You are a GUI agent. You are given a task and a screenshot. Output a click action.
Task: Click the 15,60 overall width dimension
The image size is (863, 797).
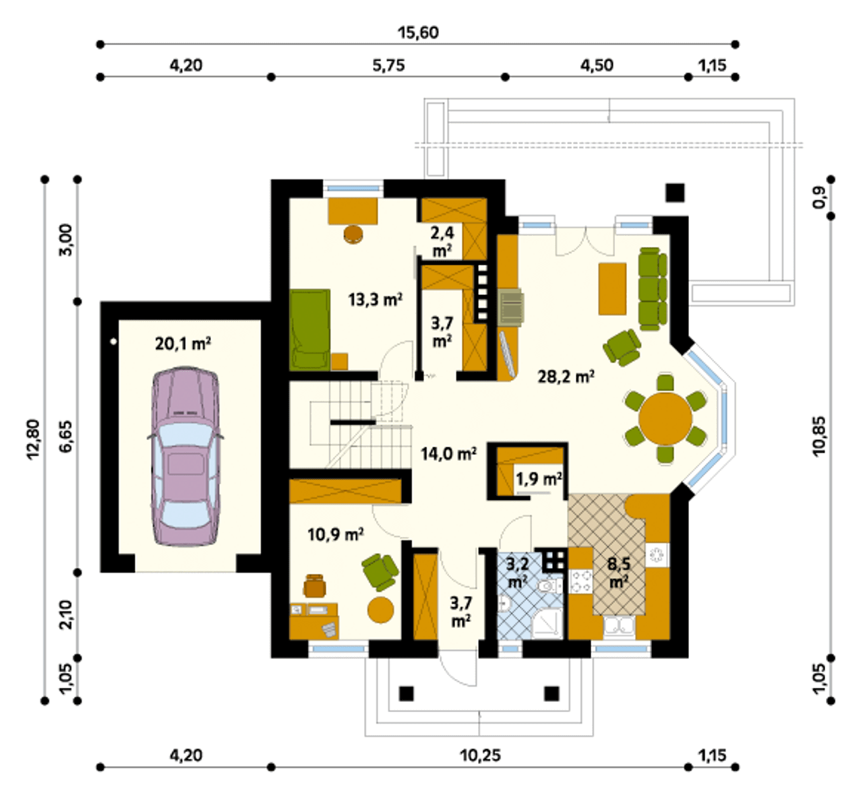click(x=418, y=32)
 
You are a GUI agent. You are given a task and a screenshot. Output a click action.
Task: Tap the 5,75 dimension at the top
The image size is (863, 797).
click(x=388, y=65)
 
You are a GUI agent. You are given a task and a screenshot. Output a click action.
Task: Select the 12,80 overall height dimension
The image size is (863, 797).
click(x=34, y=439)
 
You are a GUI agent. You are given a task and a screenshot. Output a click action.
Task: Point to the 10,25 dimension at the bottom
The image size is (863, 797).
click(x=480, y=756)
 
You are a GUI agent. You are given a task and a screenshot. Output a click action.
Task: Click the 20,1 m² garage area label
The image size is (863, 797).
click(x=183, y=344)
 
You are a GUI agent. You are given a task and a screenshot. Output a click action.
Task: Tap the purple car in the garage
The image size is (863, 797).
click(x=185, y=456)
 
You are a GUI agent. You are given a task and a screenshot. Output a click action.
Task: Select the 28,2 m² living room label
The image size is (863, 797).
click(x=566, y=377)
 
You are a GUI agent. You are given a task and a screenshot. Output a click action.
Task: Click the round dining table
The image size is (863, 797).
click(x=665, y=418)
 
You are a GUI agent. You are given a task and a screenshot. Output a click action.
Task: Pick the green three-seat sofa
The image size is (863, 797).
click(x=652, y=289)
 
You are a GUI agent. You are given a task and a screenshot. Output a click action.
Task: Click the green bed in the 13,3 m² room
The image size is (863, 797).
click(x=310, y=330)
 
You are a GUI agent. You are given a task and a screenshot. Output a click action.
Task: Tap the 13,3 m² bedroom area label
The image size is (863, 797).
click(x=375, y=300)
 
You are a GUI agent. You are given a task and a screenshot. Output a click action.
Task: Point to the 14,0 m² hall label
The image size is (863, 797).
click(x=448, y=454)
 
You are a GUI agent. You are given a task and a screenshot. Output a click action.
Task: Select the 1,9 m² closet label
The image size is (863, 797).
click(x=539, y=479)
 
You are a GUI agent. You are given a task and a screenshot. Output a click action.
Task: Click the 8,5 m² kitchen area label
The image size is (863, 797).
click(x=619, y=572)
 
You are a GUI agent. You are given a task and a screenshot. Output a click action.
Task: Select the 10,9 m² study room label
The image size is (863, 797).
click(x=336, y=535)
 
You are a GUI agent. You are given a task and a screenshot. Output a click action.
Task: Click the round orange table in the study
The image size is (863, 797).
click(x=381, y=610)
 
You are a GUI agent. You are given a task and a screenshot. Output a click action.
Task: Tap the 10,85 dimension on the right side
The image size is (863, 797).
click(x=819, y=436)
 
